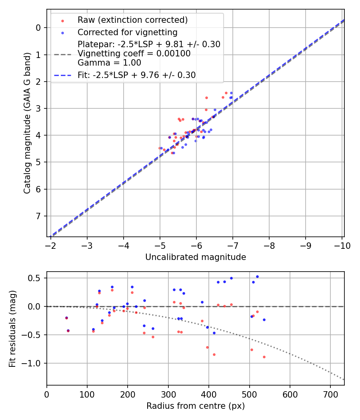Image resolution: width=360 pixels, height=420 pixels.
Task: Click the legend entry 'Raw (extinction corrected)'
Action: click(x=132, y=20)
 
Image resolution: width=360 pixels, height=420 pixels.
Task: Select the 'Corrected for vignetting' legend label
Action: click(x=127, y=32)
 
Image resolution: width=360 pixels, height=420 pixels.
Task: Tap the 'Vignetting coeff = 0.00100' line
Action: click(x=134, y=53)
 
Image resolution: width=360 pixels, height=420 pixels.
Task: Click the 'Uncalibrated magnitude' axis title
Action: click(x=195, y=257)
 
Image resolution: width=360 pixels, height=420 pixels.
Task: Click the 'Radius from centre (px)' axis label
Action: click(x=195, y=406)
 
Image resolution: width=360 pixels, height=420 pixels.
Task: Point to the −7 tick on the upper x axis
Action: click(x=233, y=245)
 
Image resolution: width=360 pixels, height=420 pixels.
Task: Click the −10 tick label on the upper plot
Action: click(x=342, y=245)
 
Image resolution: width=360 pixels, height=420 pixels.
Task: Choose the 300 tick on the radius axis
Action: click(x=168, y=394)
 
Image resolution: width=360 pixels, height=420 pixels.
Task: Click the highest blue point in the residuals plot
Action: click(x=257, y=276)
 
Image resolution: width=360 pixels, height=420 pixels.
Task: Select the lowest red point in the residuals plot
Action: click(x=264, y=357)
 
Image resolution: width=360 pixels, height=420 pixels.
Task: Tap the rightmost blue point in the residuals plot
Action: click(x=264, y=320)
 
